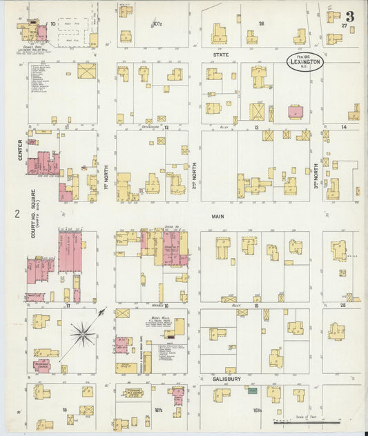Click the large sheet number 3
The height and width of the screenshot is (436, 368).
351,16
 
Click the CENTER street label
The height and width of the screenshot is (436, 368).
21,150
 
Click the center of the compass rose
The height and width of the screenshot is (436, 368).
82,335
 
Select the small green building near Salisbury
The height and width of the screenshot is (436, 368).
253,390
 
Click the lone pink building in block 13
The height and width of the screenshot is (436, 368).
296,112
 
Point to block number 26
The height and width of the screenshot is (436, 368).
261,23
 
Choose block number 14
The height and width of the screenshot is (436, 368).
342,128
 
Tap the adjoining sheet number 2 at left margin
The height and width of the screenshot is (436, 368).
15,215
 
